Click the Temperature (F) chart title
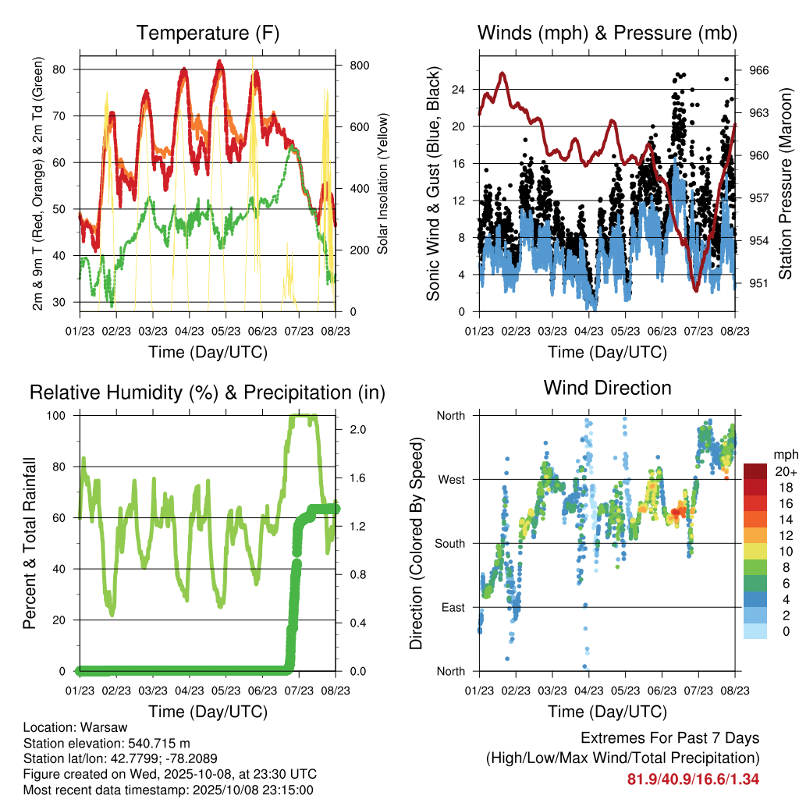[208, 33]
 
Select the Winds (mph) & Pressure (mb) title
[607, 33]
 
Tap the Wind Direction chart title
[607, 387]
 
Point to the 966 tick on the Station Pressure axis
[759, 70]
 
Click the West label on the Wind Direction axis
[450, 479]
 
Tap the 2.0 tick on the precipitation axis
[352, 429]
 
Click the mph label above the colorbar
[784, 454]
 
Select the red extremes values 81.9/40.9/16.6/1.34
[693, 779]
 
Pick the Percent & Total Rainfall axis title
[30, 543]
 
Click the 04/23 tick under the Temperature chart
[190, 319]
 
